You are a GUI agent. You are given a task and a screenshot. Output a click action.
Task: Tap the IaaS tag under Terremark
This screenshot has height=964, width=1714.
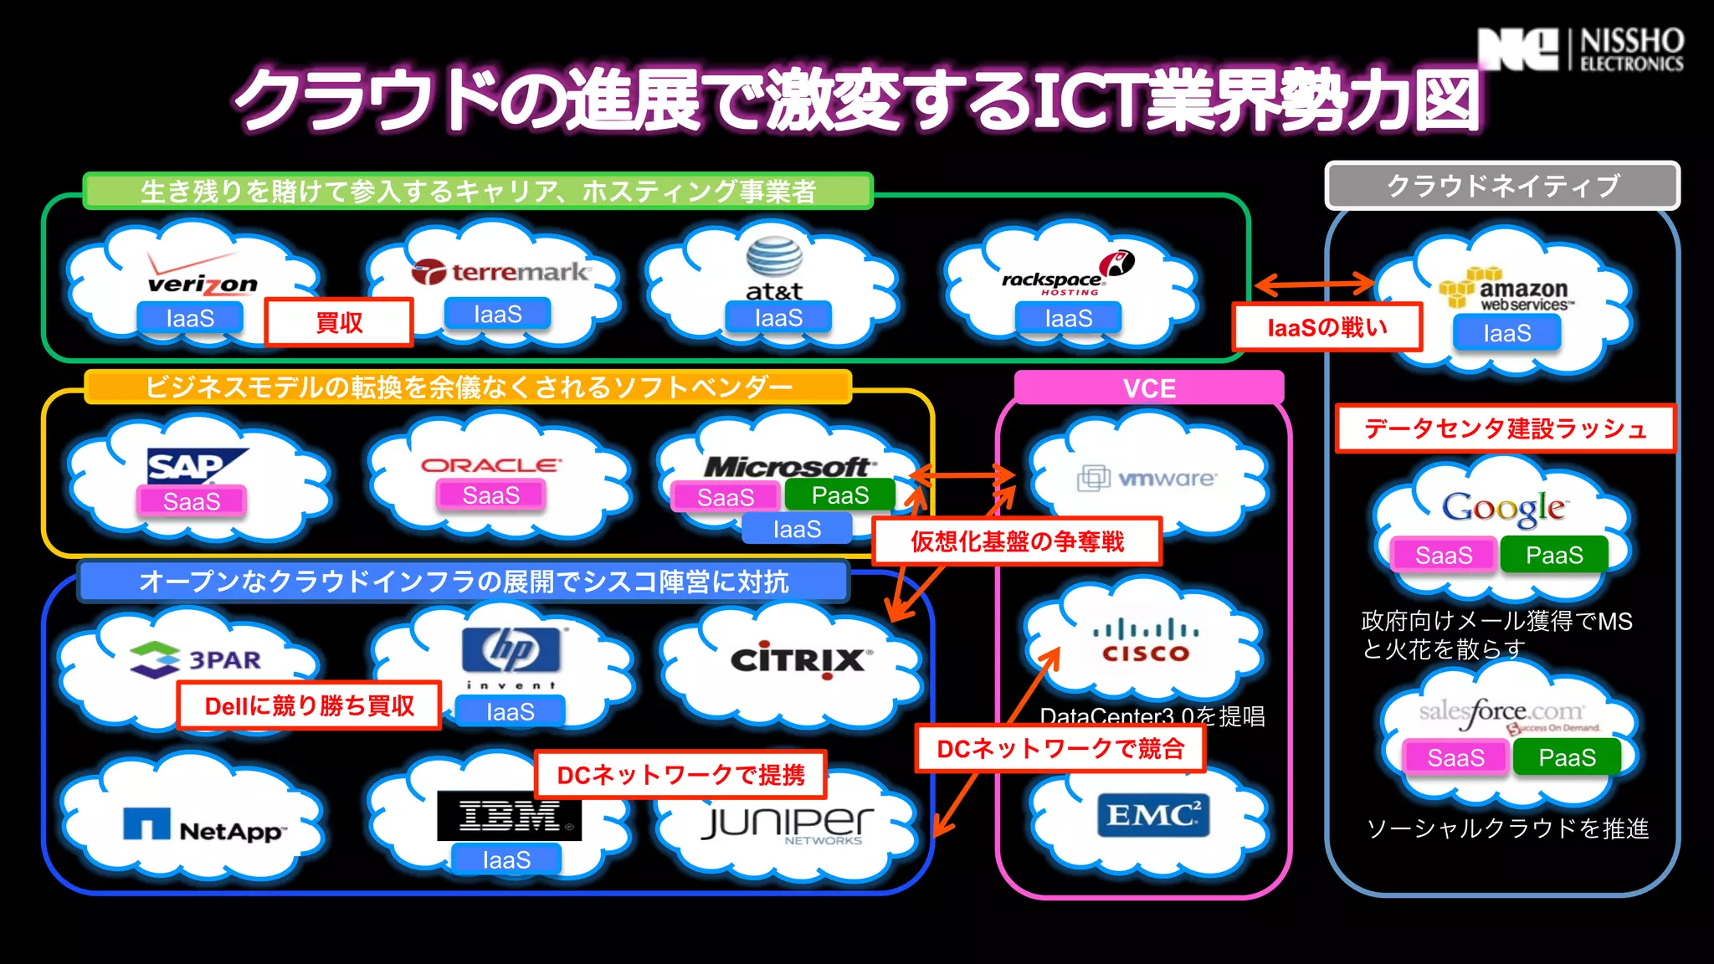click(x=497, y=315)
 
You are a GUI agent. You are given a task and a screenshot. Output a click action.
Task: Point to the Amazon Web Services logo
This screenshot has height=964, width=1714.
click(x=1507, y=290)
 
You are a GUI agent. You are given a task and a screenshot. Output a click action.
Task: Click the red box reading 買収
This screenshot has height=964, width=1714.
click(x=339, y=322)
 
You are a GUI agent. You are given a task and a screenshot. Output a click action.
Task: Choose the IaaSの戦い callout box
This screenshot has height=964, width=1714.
click(x=1327, y=327)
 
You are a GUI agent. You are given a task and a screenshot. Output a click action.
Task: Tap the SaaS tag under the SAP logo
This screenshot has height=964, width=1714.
click(x=192, y=501)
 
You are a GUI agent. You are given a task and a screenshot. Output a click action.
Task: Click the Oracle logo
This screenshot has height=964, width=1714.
click(x=490, y=465)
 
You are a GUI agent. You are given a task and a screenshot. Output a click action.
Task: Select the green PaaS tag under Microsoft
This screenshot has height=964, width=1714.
click(x=839, y=495)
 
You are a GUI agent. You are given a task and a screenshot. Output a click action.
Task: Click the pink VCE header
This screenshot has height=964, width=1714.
click(x=1149, y=388)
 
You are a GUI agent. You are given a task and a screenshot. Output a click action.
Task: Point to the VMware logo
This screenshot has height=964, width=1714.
click(x=1147, y=479)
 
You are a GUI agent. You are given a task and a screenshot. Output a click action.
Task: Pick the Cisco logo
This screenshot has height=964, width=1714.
click(x=1145, y=641)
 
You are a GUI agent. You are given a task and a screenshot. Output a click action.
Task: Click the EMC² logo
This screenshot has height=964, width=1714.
click(x=1152, y=814)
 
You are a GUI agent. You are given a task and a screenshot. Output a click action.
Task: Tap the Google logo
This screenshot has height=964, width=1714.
click(x=1503, y=507)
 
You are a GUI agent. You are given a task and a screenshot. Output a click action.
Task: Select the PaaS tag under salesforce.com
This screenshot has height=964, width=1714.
click(x=1567, y=757)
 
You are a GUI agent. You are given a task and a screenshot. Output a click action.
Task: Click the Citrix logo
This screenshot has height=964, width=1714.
click(x=799, y=660)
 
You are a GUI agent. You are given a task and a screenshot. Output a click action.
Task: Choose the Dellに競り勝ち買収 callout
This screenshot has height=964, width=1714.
click(x=309, y=705)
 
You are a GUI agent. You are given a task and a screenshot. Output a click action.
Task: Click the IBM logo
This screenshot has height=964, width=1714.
click(x=509, y=815)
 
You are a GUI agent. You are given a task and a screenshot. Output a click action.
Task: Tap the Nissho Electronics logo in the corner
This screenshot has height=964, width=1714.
click(x=1580, y=49)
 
